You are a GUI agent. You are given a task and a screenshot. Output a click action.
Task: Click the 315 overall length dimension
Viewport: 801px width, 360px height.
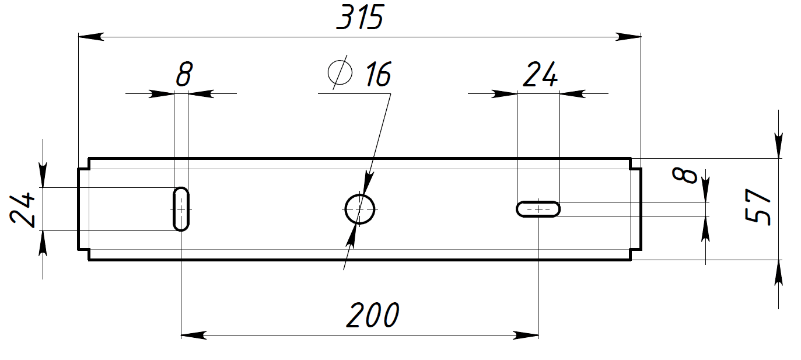click(360, 17)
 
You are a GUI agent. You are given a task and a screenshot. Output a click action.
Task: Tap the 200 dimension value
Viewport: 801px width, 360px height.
click(373, 315)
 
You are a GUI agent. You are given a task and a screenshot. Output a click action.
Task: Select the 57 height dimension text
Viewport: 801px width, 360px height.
click(757, 207)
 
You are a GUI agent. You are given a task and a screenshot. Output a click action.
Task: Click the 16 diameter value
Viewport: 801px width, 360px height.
click(379, 74)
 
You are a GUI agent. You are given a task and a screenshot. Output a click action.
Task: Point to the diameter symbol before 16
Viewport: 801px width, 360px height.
click(340, 72)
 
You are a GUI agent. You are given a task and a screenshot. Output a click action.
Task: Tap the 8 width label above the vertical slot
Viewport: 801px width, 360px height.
click(184, 74)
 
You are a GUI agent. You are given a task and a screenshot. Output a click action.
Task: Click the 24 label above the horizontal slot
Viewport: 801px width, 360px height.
click(540, 74)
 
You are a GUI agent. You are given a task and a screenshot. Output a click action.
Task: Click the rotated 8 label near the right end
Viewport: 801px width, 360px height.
click(685, 176)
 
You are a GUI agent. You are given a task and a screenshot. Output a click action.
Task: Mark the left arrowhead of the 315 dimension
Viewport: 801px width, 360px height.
click(91, 37)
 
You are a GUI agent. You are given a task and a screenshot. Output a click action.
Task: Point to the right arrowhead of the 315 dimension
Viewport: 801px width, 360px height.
click(628, 37)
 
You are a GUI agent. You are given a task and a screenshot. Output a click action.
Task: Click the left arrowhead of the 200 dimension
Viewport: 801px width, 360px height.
click(194, 335)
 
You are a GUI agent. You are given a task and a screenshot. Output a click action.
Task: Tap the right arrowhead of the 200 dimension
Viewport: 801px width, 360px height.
click(525, 335)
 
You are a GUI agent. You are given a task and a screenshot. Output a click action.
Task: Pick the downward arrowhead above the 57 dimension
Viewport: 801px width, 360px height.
click(778, 145)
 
